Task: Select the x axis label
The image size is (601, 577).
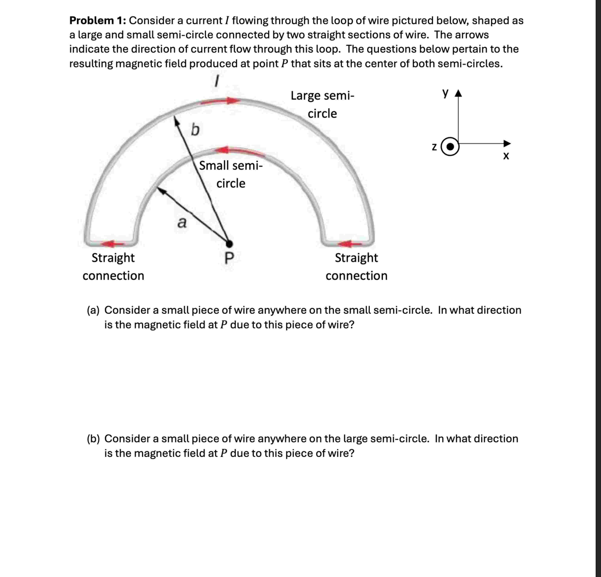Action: tap(506, 156)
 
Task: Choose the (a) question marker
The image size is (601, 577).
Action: tap(93, 310)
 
